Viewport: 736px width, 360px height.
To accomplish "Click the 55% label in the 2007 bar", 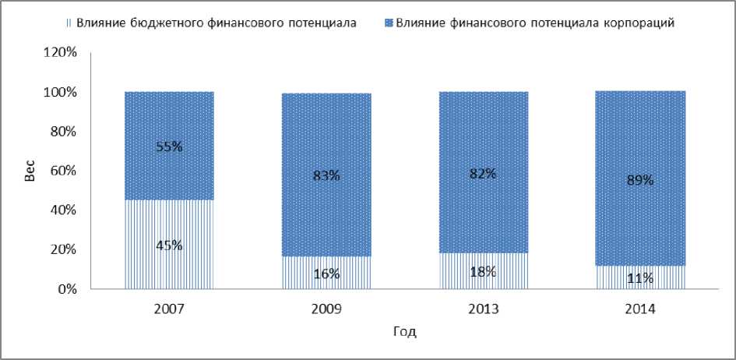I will (x=169, y=146).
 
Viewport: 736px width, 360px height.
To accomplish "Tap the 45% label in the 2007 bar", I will (x=169, y=245).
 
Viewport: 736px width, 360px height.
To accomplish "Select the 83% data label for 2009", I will (x=326, y=175).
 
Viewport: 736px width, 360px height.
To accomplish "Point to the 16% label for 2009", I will (x=326, y=274).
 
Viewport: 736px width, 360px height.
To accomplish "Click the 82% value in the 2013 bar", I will (x=482, y=174).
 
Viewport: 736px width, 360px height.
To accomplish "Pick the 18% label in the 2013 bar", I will (x=482, y=271).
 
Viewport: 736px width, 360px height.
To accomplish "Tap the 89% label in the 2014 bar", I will (x=639, y=180).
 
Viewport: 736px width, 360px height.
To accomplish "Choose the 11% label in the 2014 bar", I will (x=639, y=277).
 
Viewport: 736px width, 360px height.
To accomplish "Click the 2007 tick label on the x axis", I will (x=169, y=309).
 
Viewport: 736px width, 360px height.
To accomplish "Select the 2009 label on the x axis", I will (x=326, y=309).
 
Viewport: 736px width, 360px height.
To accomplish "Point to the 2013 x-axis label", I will (x=482, y=309).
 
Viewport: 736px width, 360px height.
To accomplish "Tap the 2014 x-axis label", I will (x=639, y=309).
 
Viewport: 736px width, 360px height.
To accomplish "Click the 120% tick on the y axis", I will (x=61, y=53).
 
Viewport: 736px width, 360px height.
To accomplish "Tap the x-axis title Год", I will (x=404, y=332).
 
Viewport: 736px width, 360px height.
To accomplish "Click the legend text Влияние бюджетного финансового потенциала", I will (x=217, y=22).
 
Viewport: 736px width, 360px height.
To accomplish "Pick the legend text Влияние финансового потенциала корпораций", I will (x=534, y=22).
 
